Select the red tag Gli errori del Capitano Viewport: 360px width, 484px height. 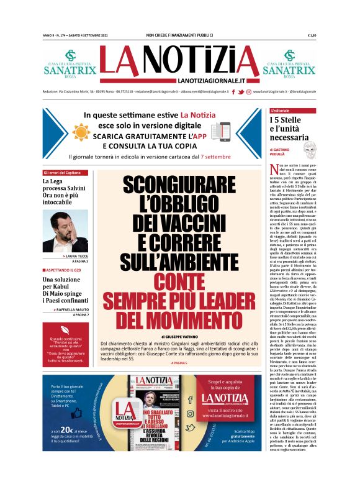click(x=62, y=172)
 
